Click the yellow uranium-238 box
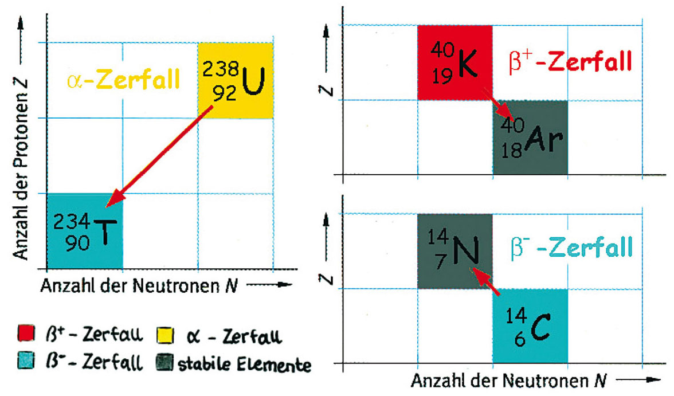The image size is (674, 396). coord(236,80)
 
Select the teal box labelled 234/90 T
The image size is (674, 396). coord(85,232)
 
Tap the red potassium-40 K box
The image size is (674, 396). coord(455,63)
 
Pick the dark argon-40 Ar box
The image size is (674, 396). coord(531,138)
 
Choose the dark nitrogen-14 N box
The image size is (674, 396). coord(455,251)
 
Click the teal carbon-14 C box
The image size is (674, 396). coord(531,326)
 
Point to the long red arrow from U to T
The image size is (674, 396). coord(159,156)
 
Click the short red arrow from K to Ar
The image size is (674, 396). coord(499,104)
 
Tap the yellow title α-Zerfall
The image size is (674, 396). coord(123,80)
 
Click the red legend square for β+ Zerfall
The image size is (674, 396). coord(26,334)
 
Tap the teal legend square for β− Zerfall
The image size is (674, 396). coord(26,360)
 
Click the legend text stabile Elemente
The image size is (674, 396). coord(244,364)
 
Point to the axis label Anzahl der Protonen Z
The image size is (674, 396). coord(20,169)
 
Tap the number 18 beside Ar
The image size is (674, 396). coord(511,151)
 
